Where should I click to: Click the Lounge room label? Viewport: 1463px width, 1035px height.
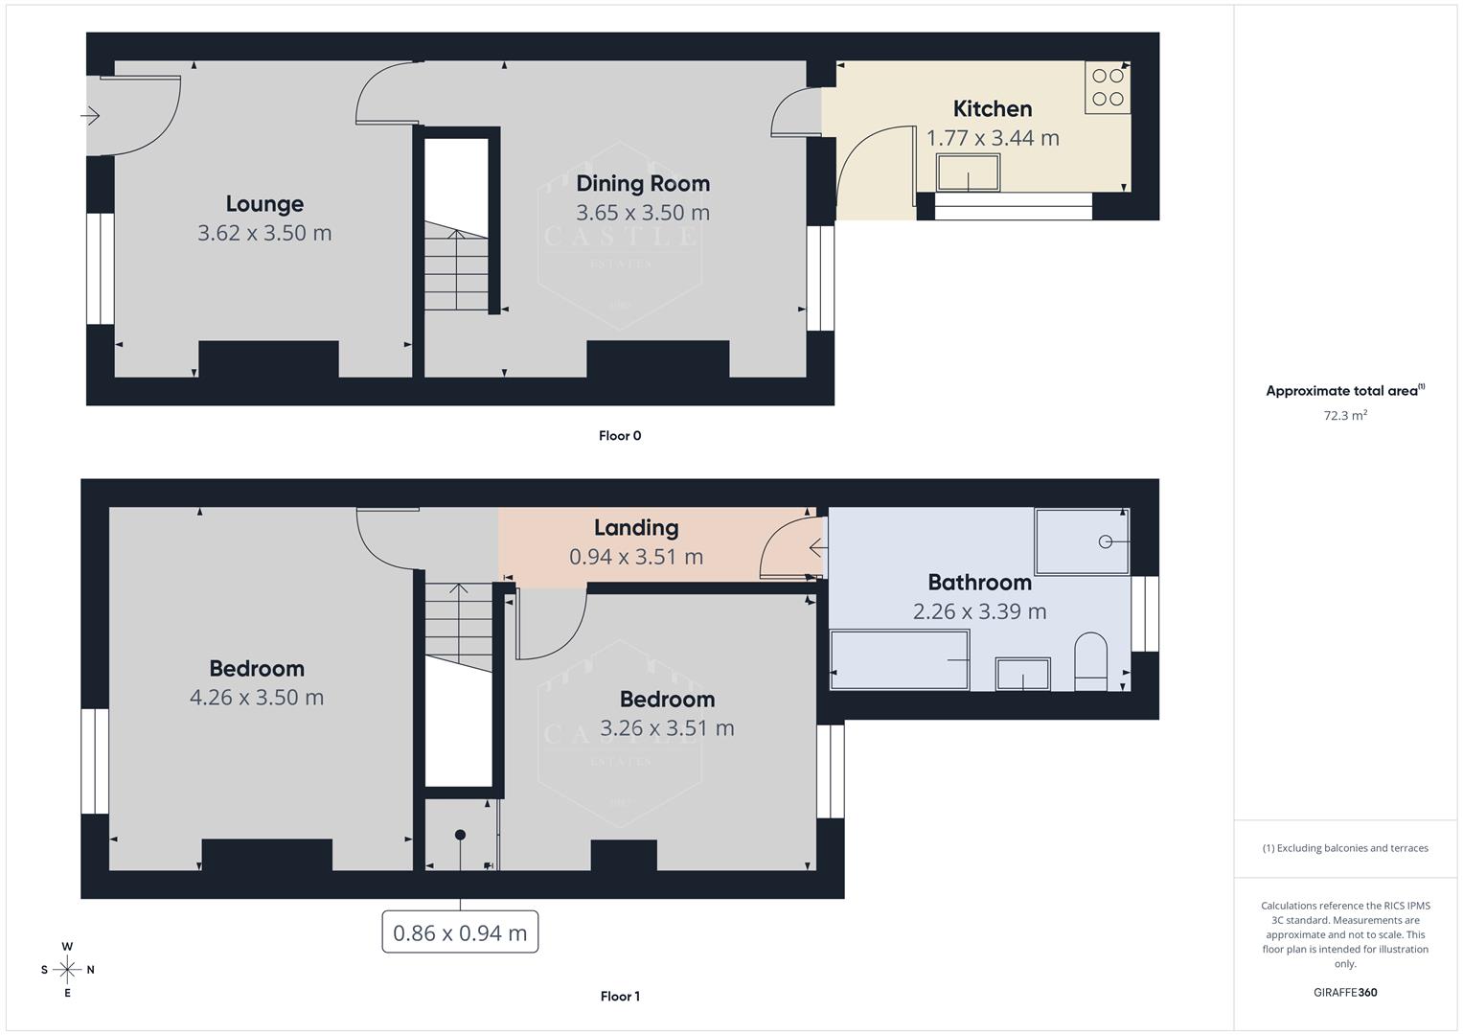tap(264, 203)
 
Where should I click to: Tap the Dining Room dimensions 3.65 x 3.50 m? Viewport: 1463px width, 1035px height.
tap(643, 213)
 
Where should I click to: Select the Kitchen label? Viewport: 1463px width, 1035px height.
tap(992, 108)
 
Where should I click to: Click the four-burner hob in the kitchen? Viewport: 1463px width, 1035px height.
tap(1108, 87)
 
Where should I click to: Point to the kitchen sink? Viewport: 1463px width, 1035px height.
tap(968, 173)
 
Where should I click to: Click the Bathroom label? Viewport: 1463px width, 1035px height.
tap(979, 582)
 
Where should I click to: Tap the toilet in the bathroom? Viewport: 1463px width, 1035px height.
tap(1090, 661)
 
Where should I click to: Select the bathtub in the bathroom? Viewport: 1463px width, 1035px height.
tap(899, 659)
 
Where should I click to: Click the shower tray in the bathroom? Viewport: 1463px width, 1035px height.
tap(1082, 541)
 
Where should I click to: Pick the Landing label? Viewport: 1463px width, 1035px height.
tap(636, 527)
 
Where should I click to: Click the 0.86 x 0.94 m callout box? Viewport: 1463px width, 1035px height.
tap(460, 932)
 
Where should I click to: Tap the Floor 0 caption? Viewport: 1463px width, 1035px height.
tap(620, 435)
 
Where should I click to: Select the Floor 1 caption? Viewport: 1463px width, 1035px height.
tap(620, 996)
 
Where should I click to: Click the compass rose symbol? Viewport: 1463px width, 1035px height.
tap(67, 970)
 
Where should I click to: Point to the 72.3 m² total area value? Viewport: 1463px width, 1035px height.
tap(1344, 415)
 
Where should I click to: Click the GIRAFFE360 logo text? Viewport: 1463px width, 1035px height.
tap(1344, 992)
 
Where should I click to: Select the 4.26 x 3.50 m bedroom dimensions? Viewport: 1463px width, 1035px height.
tap(257, 697)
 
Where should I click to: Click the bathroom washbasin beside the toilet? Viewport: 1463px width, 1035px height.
tap(1022, 674)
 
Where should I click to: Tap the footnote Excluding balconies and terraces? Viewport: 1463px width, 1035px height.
tap(1344, 848)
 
